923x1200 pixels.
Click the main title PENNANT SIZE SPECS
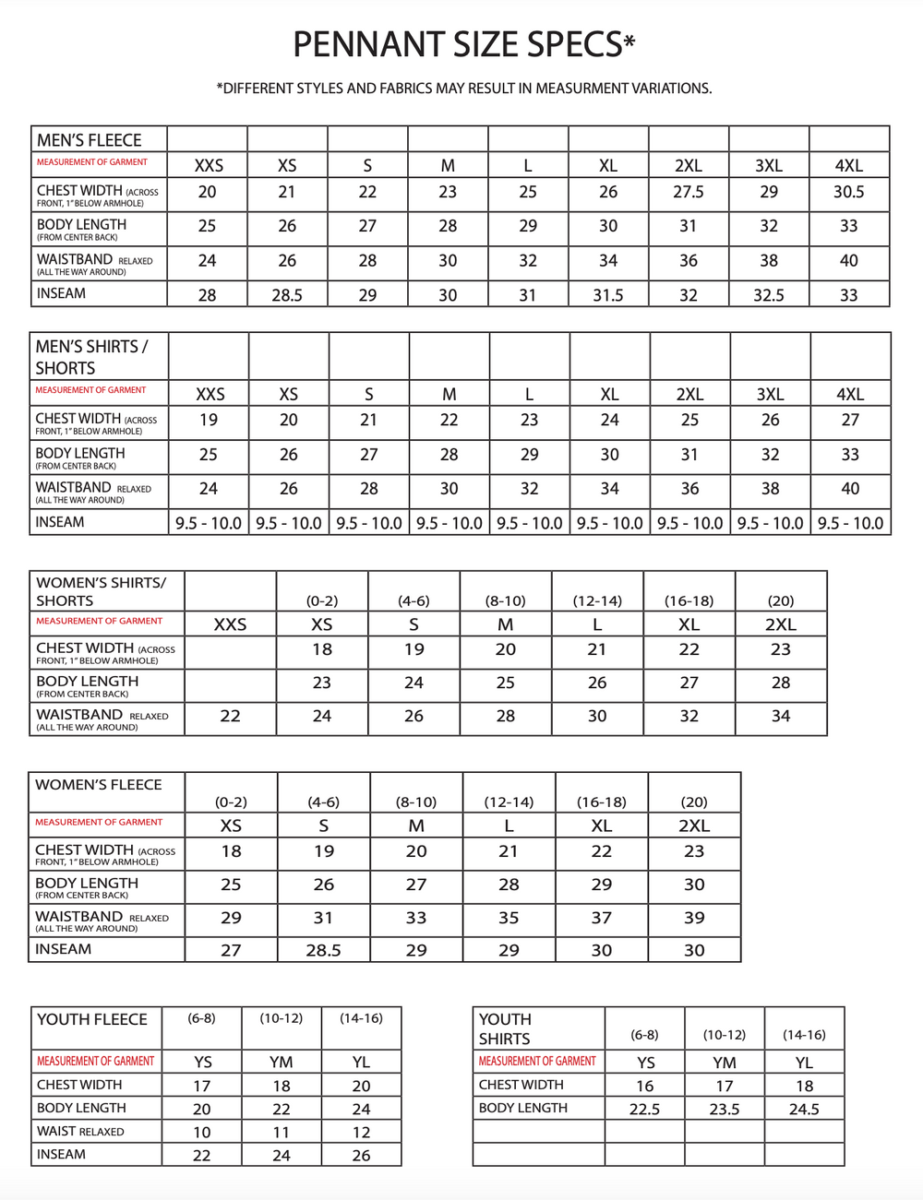coord(463,44)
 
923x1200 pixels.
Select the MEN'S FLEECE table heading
coord(90,140)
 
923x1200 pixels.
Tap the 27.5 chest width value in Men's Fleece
coord(689,192)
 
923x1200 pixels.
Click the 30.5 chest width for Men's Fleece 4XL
coord(848,192)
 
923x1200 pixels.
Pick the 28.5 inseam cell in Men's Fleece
coord(287,295)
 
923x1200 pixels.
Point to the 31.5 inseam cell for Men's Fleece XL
coord(607,295)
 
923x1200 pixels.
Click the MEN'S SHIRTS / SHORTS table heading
coord(90,357)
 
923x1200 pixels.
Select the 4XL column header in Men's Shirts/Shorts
coord(850,394)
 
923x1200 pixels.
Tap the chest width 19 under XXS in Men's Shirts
coord(209,420)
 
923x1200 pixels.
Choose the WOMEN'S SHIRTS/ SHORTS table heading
coord(101,591)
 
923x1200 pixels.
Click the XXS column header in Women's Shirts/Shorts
coord(230,624)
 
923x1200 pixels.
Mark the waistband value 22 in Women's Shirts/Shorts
coord(230,716)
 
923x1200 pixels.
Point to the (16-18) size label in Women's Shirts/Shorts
coord(689,600)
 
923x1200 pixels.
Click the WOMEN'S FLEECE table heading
coord(98,785)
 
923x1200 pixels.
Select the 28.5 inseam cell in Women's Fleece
coord(323,950)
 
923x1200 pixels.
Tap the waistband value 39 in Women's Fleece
coord(694,918)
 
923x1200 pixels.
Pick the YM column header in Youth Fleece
coord(282,1062)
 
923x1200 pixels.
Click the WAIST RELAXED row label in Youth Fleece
coord(80,1132)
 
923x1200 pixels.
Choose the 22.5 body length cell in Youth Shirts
coord(644,1109)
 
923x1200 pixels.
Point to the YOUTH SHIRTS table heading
coord(505,1028)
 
